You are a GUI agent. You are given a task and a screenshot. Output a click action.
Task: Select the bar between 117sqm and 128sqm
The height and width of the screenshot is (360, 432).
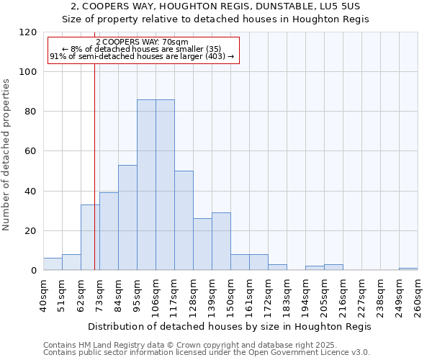tap(184, 220)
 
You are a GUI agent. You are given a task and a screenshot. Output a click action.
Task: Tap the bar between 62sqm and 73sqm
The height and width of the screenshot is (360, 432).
tap(90, 238)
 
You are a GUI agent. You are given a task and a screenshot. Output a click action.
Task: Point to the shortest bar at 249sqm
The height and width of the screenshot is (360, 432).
tap(408, 269)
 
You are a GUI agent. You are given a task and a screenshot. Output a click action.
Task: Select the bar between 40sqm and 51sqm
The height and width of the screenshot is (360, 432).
tap(53, 264)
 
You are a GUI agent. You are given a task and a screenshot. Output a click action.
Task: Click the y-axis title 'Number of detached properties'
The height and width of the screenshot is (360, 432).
tap(6, 155)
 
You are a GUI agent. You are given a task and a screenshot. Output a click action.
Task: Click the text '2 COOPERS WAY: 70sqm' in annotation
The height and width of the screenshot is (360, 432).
tap(142, 42)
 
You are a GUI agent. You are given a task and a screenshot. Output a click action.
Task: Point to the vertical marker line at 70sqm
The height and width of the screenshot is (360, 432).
tap(94, 180)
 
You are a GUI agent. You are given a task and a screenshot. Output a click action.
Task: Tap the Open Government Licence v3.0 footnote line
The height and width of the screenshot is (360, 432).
tap(206, 353)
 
